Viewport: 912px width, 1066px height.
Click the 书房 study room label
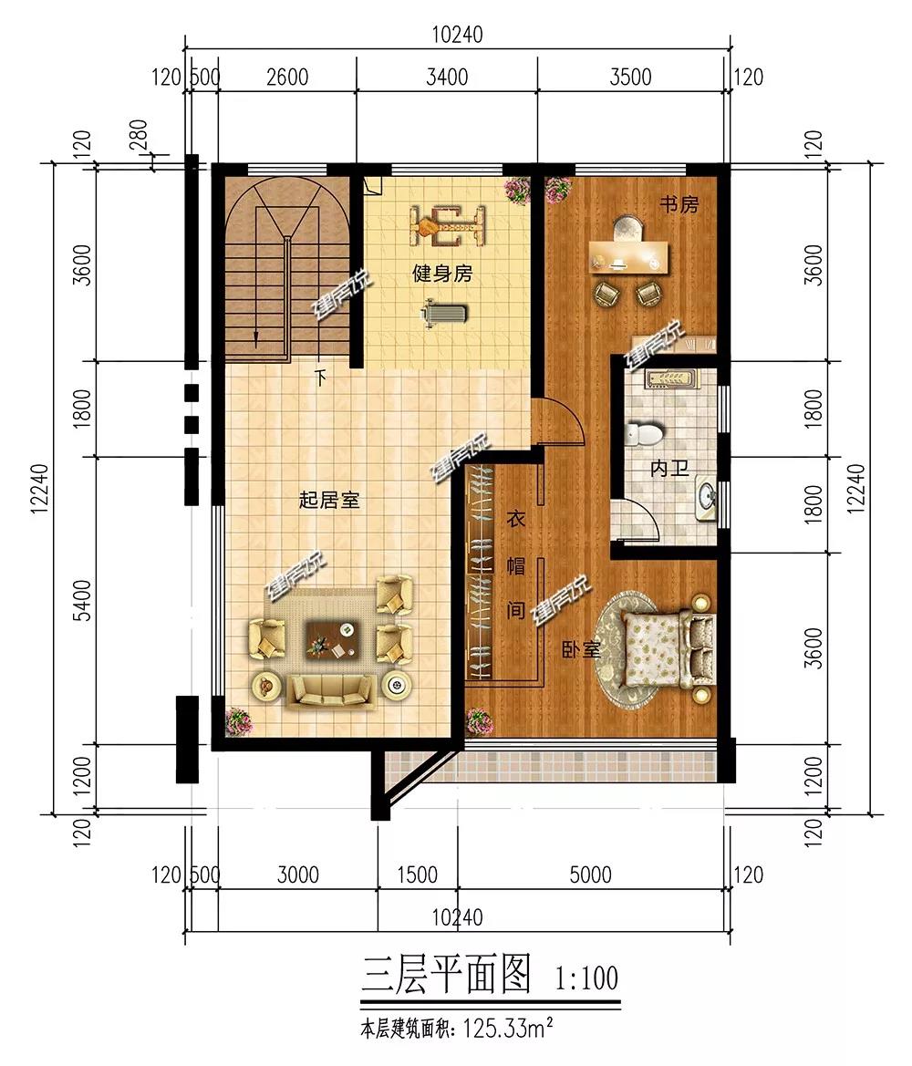pyautogui.click(x=679, y=204)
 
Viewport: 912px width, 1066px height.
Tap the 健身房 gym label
pyautogui.click(x=442, y=274)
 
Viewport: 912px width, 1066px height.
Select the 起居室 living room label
pyautogui.click(x=329, y=501)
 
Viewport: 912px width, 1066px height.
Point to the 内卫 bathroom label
pyautogui.click(x=669, y=468)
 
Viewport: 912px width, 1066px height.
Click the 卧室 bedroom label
pyautogui.click(x=581, y=650)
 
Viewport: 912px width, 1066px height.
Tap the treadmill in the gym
pyautogui.click(x=445, y=314)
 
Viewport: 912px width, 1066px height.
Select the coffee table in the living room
pyautogui.click(x=331, y=639)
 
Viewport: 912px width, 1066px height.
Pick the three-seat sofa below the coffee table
pyautogui.click(x=330, y=692)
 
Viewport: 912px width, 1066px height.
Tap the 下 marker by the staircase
pyautogui.click(x=320, y=378)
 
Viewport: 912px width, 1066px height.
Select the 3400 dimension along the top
pyautogui.click(x=447, y=77)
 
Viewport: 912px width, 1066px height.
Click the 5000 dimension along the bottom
pyautogui.click(x=590, y=875)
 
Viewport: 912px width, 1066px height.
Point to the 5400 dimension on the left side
pyautogui.click(x=81, y=600)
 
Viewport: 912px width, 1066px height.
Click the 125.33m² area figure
pyautogui.click(x=507, y=1029)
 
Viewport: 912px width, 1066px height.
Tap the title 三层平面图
pyautogui.click(x=445, y=975)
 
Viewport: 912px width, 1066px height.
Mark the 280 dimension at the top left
pyautogui.click(x=138, y=135)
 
